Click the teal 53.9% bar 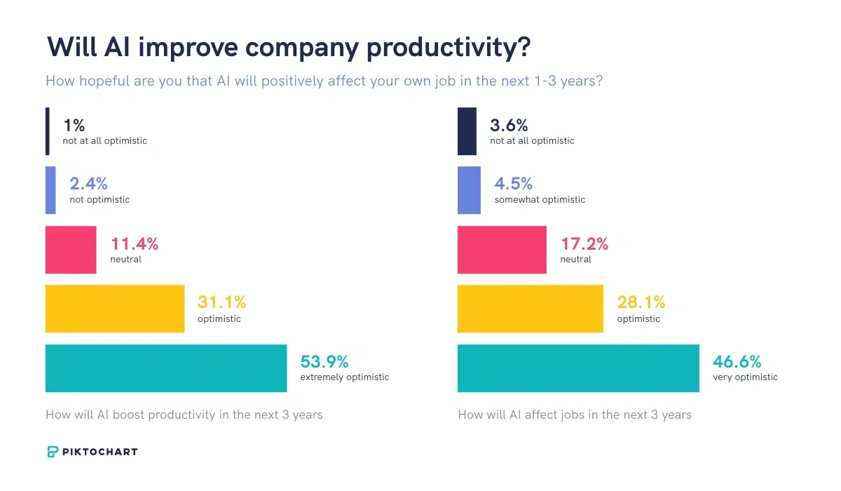[x=166, y=368]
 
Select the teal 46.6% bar [x=578, y=368]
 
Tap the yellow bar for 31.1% [x=115, y=309]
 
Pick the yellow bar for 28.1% [x=530, y=309]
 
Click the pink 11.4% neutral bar [x=71, y=250]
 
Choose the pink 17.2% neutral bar [x=502, y=250]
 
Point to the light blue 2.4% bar [x=50, y=190]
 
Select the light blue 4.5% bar [x=469, y=190]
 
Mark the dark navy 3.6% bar [x=467, y=131]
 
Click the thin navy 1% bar [x=48, y=131]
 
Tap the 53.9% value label [x=324, y=362]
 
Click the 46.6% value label [x=737, y=362]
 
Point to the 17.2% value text [x=584, y=244]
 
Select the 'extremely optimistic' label [x=344, y=377]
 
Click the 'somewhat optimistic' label [x=540, y=200]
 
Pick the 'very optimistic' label [x=745, y=377]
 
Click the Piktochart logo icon [x=53, y=452]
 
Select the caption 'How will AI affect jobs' [x=575, y=415]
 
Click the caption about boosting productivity [x=184, y=415]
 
